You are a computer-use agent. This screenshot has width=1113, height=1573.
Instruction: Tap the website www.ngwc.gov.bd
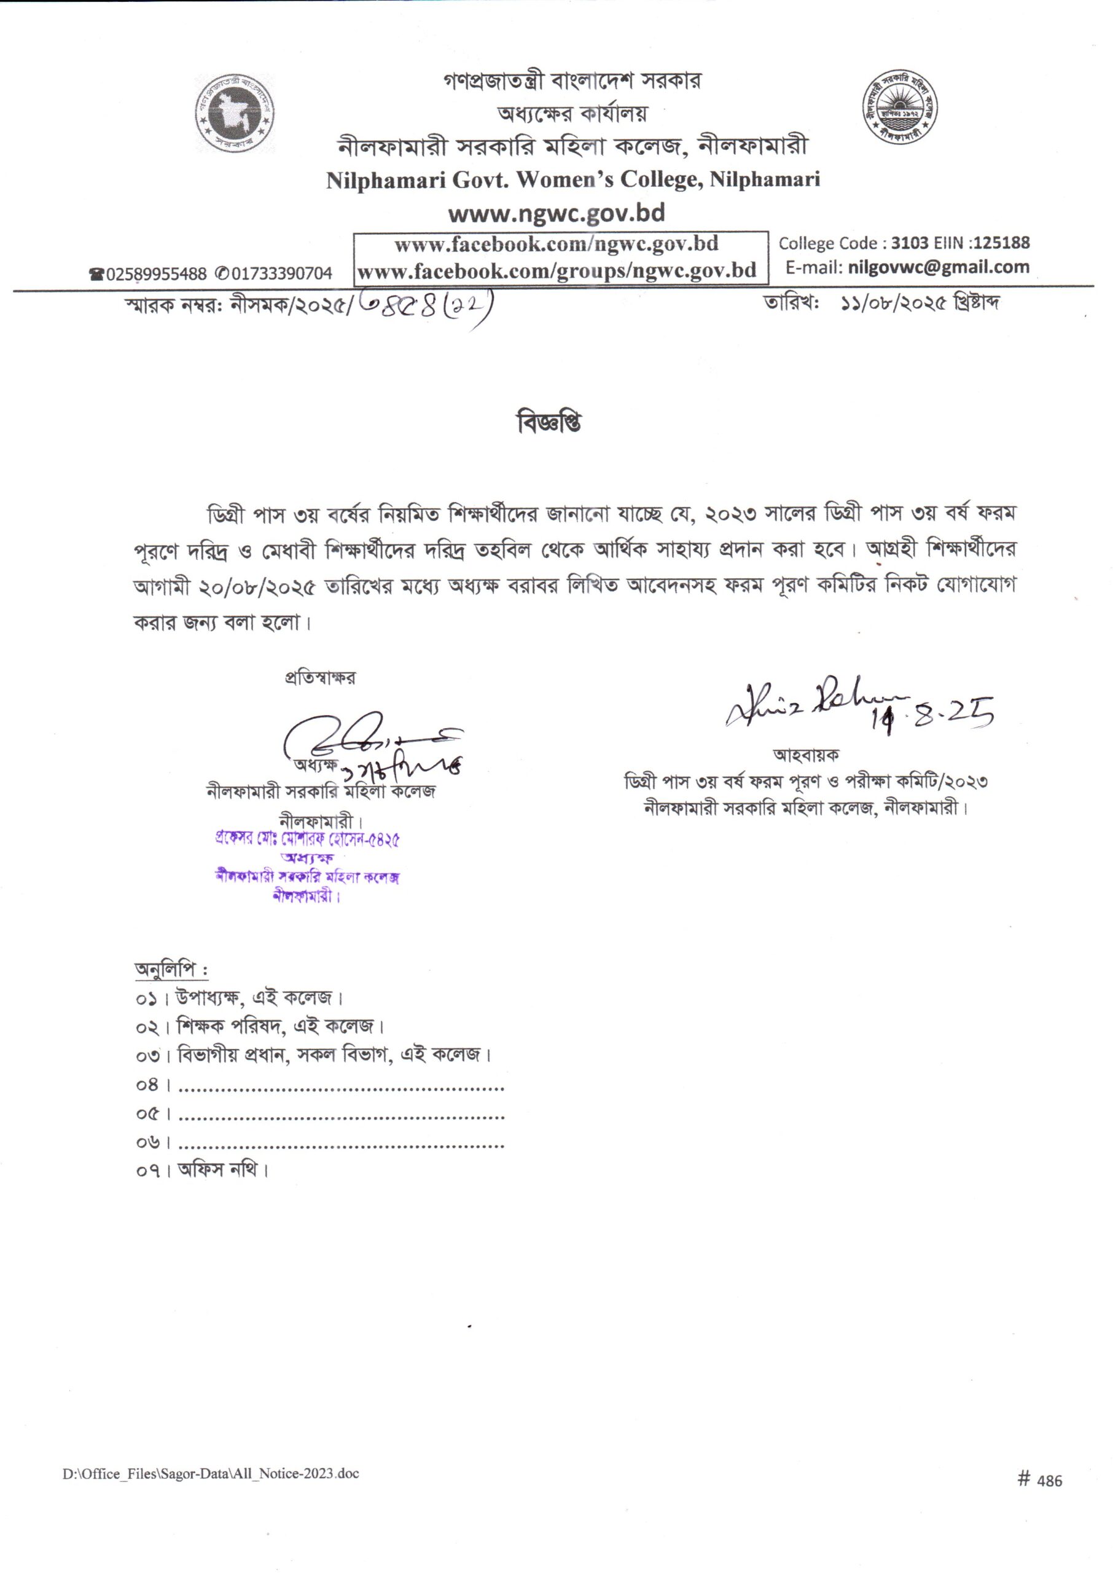[x=556, y=213]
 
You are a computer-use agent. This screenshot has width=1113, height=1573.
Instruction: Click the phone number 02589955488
[x=156, y=274]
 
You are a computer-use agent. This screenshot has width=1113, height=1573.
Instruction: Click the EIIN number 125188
[x=1001, y=243]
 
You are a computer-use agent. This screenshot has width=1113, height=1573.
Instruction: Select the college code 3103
[x=910, y=243]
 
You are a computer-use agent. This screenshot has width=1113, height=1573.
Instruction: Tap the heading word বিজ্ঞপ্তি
[x=549, y=422]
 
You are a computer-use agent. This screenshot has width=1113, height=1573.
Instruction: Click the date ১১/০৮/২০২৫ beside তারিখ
[x=894, y=303]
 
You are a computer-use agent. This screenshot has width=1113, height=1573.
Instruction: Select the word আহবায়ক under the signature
[x=806, y=755]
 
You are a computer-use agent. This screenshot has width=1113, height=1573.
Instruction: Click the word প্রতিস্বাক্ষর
[x=320, y=678]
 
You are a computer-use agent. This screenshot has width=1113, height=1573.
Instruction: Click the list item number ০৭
[x=147, y=1170]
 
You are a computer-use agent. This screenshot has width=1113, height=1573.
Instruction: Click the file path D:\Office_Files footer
[x=211, y=1473]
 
